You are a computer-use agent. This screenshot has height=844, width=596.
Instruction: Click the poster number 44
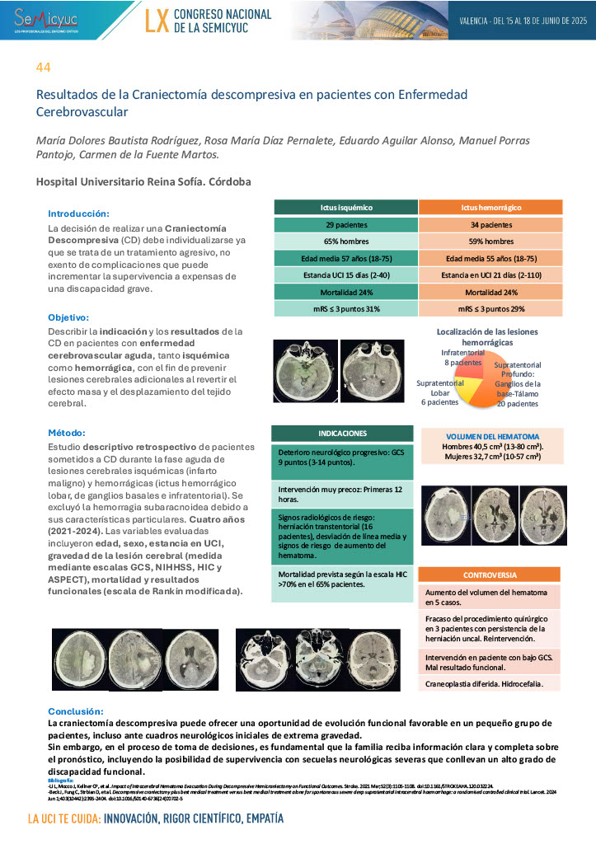pyautogui.click(x=42, y=66)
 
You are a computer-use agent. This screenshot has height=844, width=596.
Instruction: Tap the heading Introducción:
pyautogui.click(x=78, y=213)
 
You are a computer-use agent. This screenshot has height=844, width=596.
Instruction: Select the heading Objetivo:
pyautogui.click(x=68, y=316)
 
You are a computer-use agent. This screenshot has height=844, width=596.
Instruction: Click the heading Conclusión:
pyautogui.click(x=75, y=710)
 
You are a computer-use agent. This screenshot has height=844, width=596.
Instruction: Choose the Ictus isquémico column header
pyautogui.click(x=345, y=207)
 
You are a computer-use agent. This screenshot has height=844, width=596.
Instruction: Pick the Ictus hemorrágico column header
pyautogui.click(x=490, y=207)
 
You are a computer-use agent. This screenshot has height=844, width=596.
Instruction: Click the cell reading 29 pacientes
pyautogui.click(x=345, y=224)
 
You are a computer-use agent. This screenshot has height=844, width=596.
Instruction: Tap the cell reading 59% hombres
pyautogui.click(x=490, y=241)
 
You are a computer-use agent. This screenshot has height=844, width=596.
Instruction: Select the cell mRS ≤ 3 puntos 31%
pyautogui.click(x=345, y=309)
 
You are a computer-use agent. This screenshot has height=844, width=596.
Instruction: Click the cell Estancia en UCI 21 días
pyautogui.click(x=490, y=274)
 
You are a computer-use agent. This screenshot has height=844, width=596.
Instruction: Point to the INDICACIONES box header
pyautogui.click(x=342, y=433)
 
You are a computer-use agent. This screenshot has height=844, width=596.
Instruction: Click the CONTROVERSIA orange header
pyautogui.click(x=490, y=574)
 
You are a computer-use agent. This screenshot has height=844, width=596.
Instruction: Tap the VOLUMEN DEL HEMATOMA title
pyautogui.click(x=492, y=436)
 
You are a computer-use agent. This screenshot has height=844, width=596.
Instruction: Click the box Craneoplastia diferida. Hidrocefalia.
pyautogui.click(x=490, y=684)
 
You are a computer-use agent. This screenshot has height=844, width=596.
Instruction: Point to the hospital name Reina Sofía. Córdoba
pyautogui.click(x=143, y=181)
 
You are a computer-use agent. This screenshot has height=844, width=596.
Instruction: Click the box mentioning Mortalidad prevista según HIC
pyautogui.click(x=342, y=579)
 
